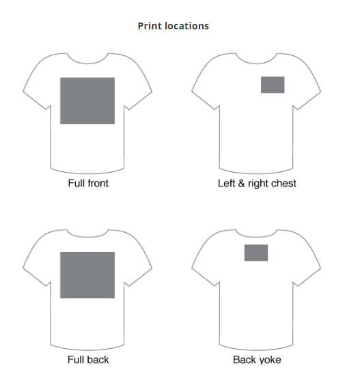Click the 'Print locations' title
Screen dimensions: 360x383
coord(174,26)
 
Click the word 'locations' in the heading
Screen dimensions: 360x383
coord(186,26)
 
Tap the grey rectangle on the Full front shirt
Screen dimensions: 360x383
coord(87,100)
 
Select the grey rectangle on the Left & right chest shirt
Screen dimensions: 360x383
coord(273,85)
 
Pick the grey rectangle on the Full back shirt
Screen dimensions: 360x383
coord(87,275)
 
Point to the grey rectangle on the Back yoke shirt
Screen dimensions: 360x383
coord(256,253)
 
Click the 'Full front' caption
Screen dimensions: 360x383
coord(88,183)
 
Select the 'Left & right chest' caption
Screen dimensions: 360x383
coord(257,184)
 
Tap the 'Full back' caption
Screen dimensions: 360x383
coord(88,360)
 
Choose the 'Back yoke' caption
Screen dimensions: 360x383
coord(257,360)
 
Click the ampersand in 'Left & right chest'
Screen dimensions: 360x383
coord(241,183)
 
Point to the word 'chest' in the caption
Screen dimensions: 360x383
coord(283,183)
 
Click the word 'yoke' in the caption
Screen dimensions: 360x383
coord(270,360)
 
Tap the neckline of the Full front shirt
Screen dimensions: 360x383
coord(87,63)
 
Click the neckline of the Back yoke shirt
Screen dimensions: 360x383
coord(256,237)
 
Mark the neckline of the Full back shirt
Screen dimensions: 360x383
coord(87,237)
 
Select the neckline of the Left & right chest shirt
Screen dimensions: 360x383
coord(256,63)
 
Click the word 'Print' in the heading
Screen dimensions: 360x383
coord(149,26)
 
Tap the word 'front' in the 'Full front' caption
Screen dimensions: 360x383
coord(98,183)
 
